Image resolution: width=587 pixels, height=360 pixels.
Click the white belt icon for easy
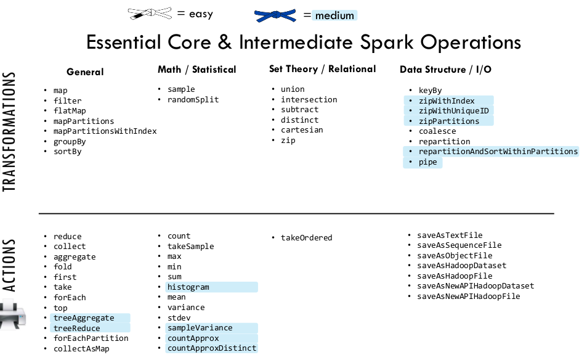(x=150, y=14)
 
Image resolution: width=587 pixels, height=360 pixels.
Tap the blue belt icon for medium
(x=275, y=15)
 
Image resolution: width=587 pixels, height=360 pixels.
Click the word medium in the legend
(x=334, y=16)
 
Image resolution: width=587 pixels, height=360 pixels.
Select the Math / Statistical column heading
(x=197, y=70)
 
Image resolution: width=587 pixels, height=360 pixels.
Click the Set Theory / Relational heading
(x=322, y=69)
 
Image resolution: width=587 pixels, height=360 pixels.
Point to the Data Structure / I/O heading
(x=445, y=70)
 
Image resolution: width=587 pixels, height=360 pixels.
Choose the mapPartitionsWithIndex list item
(x=105, y=131)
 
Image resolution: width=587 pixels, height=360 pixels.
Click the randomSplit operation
(x=193, y=100)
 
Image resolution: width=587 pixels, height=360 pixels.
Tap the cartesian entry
(x=302, y=130)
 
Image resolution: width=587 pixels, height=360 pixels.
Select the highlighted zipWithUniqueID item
(x=454, y=111)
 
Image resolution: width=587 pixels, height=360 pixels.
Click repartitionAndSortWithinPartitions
(x=498, y=152)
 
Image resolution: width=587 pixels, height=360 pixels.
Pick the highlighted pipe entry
(x=427, y=162)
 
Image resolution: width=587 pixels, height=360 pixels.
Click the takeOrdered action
(x=306, y=237)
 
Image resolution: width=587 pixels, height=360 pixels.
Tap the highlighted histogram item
(x=188, y=287)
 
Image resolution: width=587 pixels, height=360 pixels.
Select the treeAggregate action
(x=84, y=318)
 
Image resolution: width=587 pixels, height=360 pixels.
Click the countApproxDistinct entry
(x=211, y=348)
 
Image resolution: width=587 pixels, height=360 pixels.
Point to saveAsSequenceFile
(x=459, y=245)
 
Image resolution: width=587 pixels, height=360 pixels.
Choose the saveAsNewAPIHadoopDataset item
(x=476, y=286)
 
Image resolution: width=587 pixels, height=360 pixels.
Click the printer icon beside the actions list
(x=12, y=314)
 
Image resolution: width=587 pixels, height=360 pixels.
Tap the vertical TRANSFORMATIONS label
(x=9, y=131)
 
